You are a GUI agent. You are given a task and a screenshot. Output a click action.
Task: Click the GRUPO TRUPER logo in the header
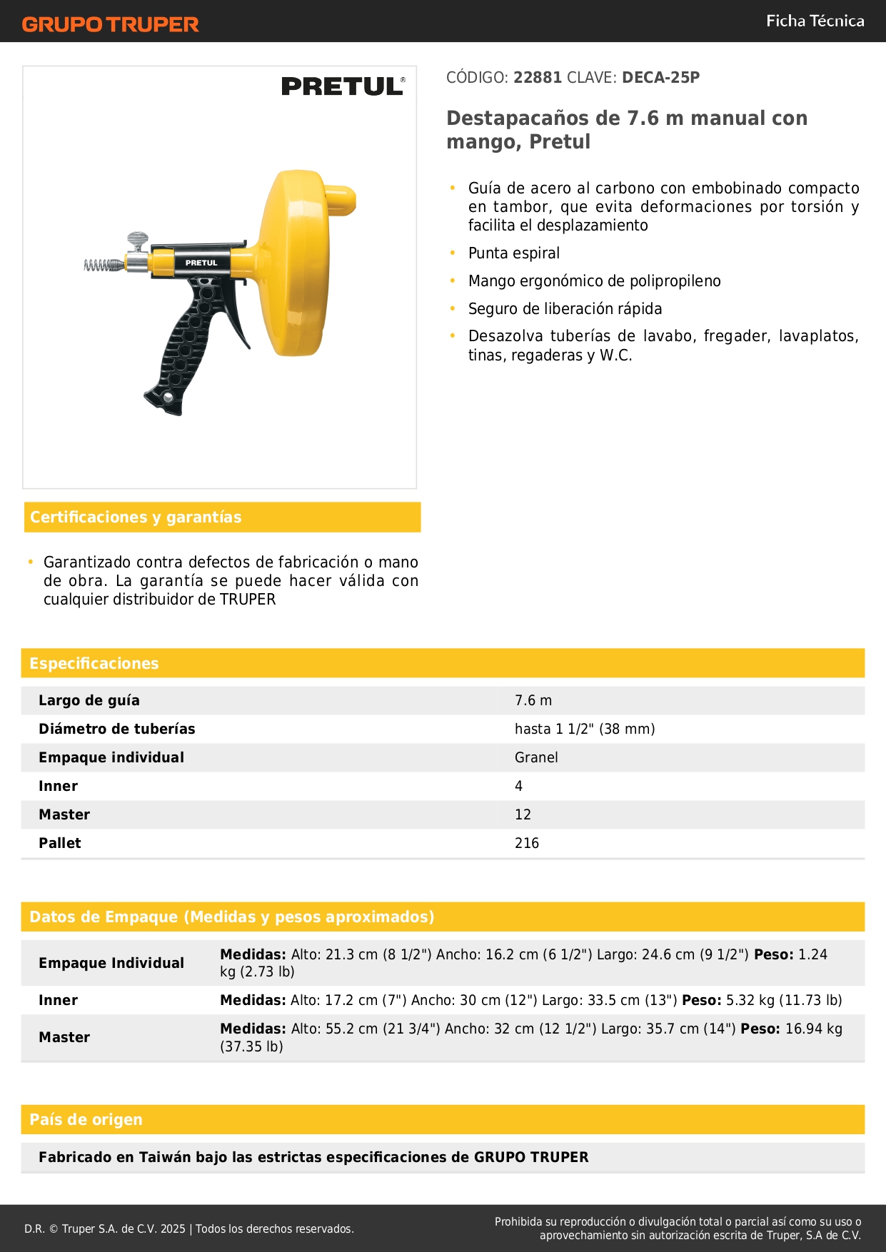point(110,24)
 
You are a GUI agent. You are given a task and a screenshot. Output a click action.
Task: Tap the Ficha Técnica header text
point(815,21)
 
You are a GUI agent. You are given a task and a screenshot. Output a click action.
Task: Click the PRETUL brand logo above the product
point(343,86)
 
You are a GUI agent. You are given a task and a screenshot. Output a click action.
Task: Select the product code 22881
point(538,78)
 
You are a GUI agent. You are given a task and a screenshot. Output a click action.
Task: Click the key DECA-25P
point(660,78)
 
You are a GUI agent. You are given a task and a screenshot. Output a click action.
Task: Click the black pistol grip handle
point(184,343)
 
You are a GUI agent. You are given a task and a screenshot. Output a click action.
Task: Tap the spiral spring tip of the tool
point(104,266)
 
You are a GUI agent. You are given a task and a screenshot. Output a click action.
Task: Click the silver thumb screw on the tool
point(138,240)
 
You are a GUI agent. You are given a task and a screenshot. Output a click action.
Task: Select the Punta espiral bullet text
point(513,253)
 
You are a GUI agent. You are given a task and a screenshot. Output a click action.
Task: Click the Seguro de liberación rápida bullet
point(565,309)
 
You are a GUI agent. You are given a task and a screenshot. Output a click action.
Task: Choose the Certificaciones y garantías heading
point(136,518)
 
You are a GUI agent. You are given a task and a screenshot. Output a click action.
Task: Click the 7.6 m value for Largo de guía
point(533,701)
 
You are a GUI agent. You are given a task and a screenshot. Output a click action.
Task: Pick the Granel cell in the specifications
point(536,758)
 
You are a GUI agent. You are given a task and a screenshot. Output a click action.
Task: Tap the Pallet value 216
point(527,844)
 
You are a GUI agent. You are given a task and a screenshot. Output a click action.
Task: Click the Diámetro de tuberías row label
point(116,730)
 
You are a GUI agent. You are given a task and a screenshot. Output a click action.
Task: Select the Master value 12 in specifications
point(523,815)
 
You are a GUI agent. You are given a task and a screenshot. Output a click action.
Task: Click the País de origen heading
point(86,1120)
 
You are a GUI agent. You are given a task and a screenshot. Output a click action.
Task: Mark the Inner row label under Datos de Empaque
point(58,1001)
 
